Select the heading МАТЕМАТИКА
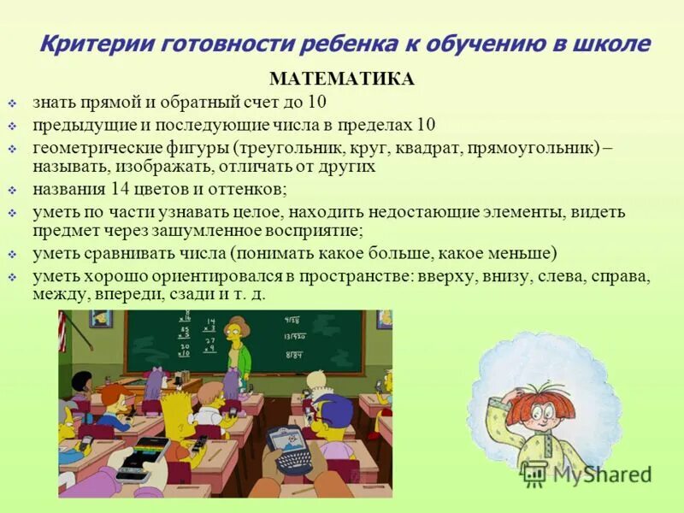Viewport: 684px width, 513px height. tap(342, 80)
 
